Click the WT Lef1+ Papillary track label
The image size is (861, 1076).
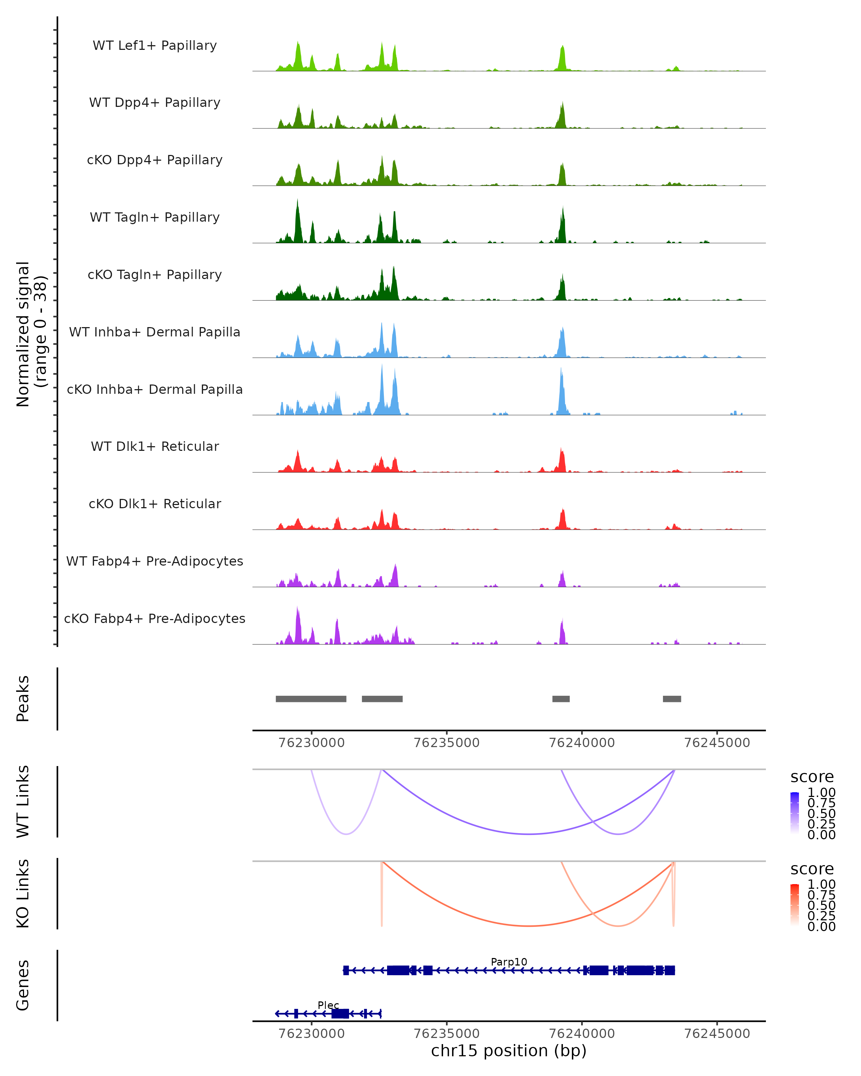pyautogui.click(x=155, y=46)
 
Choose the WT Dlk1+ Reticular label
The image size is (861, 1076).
pyautogui.click(x=155, y=446)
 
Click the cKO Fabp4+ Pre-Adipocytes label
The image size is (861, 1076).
pyautogui.click(x=155, y=618)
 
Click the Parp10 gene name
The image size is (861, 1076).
pyautogui.click(x=509, y=962)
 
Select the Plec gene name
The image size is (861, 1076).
pyautogui.click(x=328, y=1005)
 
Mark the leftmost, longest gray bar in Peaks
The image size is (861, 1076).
pyautogui.click(x=311, y=699)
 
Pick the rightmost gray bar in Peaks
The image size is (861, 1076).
pyautogui.click(x=672, y=699)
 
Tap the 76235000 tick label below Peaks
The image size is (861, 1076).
pyautogui.click(x=447, y=743)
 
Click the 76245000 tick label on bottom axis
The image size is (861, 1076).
pyautogui.click(x=717, y=1034)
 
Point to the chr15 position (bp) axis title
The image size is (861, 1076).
pyautogui.click(x=509, y=1051)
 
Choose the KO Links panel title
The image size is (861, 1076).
pyautogui.click(x=23, y=893)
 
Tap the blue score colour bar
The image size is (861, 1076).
pyautogui.click(x=795, y=813)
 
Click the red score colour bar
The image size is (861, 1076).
pyautogui.click(x=795, y=905)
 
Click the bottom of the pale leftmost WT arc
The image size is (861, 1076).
pyautogui.click(x=347, y=834)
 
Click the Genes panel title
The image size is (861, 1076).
pyautogui.click(x=23, y=985)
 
